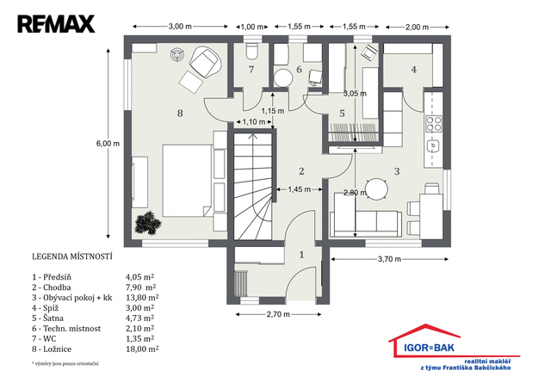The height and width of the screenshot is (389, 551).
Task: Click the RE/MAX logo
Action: [x=56, y=24]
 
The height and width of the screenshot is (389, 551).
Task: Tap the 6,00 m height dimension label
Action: [x=108, y=144]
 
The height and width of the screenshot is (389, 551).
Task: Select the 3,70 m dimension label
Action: [x=389, y=259]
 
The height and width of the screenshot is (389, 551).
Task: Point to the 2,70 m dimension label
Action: [x=278, y=314]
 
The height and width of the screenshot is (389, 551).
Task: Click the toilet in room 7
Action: [x=251, y=52]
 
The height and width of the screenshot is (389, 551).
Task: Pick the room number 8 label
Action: [x=180, y=113]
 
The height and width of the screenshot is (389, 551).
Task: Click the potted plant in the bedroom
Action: [x=148, y=223]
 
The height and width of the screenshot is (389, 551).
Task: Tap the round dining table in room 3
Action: [x=376, y=189]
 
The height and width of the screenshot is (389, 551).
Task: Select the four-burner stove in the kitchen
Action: [x=434, y=123]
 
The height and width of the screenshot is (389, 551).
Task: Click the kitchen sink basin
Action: [x=434, y=145]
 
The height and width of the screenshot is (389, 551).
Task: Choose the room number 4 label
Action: [x=414, y=70]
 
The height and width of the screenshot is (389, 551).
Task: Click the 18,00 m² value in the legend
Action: [x=142, y=349]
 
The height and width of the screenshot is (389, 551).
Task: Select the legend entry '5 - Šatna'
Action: [x=48, y=318]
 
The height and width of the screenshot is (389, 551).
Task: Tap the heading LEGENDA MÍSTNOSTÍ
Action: [x=72, y=256]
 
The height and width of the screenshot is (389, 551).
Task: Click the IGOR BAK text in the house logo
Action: [x=429, y=348]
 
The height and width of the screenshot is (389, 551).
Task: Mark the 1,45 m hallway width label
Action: [x=299, y=189]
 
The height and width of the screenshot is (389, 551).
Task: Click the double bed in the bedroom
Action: [x=188, y=181]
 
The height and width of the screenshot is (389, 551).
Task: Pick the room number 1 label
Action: [x=301, y=255]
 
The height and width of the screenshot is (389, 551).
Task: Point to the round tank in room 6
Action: [x=283, y=78]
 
